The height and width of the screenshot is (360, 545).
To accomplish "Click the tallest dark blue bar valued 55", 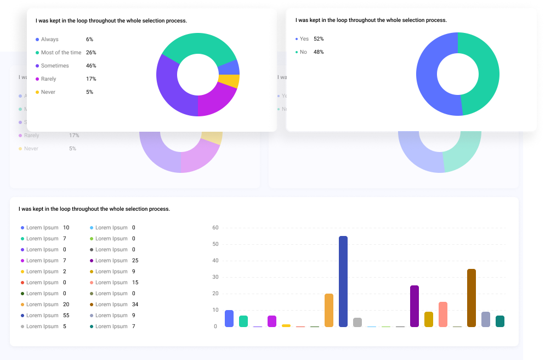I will point(343,282).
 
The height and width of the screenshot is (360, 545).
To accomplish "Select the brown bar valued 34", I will point(472,298).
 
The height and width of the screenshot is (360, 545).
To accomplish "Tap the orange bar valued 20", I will point(329,311).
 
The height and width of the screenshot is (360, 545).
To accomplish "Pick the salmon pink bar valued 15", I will point(443,314).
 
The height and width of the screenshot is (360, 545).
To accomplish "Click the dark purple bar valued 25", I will point(415,306).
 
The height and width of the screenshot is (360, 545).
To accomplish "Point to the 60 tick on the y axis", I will point(215,228).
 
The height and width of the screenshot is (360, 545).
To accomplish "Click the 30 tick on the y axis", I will point(215,277).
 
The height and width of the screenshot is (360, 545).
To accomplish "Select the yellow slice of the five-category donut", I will point(229,81).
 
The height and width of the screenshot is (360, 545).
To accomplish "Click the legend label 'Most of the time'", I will point(61,53).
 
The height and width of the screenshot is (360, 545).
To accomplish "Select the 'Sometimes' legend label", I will point(55,66).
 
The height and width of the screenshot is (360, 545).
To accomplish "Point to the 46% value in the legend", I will point(91,66).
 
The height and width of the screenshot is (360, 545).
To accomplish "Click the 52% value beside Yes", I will point(319,39).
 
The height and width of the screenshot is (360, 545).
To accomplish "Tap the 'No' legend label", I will point(303,52).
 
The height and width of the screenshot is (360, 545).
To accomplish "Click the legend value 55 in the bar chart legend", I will point(66,316).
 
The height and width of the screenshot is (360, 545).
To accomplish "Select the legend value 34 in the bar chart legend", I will point(135,305).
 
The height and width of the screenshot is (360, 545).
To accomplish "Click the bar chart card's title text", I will point(94,209).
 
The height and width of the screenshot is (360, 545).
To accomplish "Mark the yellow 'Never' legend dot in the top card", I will point(37,92).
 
